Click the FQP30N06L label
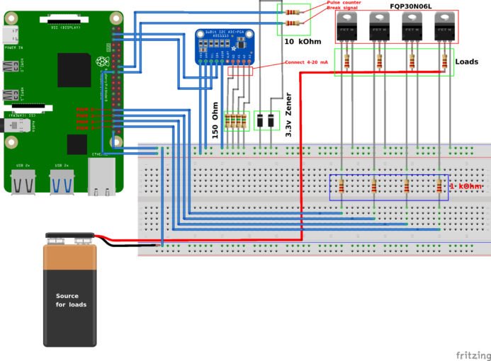(410, 6)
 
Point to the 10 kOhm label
(303, 42)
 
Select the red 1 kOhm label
(465, 186)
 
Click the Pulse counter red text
(344, 3)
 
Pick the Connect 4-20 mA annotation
(306, 62)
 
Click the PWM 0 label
(84, 109)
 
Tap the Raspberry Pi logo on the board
(104, 62)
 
